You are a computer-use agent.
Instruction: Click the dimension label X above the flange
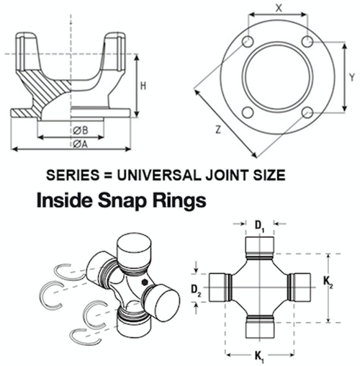(x=279, y=8)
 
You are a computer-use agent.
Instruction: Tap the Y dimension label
(x=352, y=77)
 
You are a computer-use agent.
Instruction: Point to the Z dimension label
(x=218, y=130)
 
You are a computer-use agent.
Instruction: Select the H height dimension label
(x=143, y=86)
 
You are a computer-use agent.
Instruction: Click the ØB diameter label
(x=81, y=130)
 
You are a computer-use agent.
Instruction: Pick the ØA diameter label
(x=81, y=144)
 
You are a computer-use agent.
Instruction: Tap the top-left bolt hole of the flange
(x=248, y=41)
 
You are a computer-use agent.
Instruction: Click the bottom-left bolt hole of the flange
(x=248, y=112)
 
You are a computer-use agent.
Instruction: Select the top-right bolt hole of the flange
(x=307, y=41)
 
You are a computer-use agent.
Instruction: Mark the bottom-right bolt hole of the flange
(x=307, y=112)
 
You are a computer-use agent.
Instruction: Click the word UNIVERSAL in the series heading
(x=158, y=175)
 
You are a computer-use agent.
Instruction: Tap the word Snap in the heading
(x=122, y=200)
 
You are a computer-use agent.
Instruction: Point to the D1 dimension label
(x=259, y=226)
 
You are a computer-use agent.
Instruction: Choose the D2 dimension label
(x=196, y=290)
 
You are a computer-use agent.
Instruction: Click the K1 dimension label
(x=259, y=357)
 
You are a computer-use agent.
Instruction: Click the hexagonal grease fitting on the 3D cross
(x=145, y=282)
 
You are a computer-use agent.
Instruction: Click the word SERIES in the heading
(x=73, y=175)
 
